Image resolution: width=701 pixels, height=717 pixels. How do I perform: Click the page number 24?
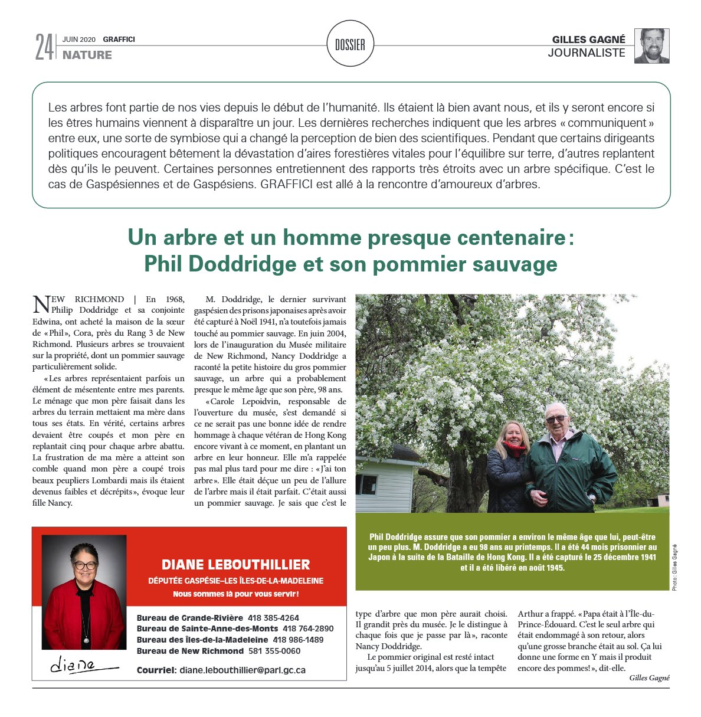point(44,47)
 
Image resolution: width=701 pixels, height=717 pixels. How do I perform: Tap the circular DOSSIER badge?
point(350,44)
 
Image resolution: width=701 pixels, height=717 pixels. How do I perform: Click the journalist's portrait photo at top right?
point(651,45)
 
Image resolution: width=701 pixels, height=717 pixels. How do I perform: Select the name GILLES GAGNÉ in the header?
point(588,40)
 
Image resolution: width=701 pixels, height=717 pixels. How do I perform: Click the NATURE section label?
point(87,55)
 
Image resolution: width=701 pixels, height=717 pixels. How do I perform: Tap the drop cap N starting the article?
point(41,305)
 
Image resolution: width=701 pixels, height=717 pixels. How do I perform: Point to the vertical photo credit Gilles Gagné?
point(674,567)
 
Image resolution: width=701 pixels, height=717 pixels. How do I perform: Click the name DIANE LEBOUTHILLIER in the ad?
point(235,564)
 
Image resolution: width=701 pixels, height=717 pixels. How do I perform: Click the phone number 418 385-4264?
point(273,618)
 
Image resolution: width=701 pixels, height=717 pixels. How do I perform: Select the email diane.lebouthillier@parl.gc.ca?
point(242,670)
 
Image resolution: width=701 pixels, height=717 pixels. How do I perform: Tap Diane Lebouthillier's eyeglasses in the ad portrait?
point(85,565)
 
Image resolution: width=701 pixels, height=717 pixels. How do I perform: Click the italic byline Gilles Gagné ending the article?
point(649,678)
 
